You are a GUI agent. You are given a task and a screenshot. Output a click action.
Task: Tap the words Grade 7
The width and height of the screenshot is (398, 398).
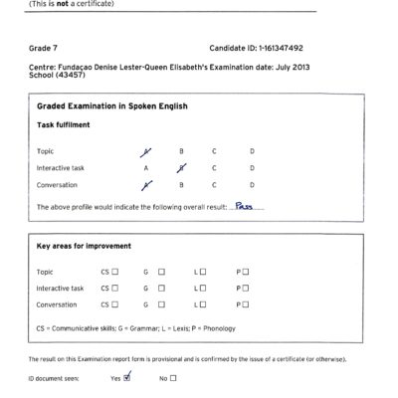(x=47, y=48)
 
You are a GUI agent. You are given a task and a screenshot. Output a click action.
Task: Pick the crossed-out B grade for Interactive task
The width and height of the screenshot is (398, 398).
(x=181, y=167)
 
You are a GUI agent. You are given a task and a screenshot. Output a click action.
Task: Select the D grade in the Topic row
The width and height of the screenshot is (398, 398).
(x=252, y=151)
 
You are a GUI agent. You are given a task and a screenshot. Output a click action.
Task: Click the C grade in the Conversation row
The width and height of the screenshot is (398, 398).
(x=214, y=185)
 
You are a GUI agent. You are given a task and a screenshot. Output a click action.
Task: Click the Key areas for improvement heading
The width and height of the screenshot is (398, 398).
(x=88, y=245)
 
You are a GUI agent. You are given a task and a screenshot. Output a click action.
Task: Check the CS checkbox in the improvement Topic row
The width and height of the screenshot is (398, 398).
(x=115, y=272)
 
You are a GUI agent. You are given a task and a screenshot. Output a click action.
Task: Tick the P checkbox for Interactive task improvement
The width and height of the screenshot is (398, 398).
(x=246, y=289)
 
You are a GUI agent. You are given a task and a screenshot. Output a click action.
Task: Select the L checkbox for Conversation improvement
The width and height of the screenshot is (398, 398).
(x=202, y=305)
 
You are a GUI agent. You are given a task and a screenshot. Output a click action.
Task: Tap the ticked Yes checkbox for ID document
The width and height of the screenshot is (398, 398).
(x=126, y=377)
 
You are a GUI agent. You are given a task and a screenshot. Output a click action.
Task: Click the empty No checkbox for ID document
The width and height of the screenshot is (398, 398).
(x=173, y=378)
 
